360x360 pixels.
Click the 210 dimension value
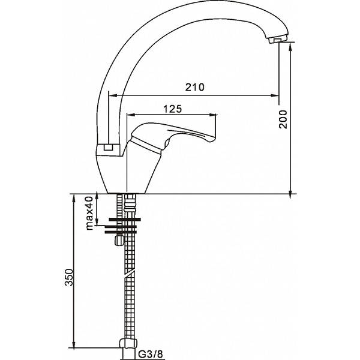(194, 87)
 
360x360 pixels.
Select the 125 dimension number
(172, 109)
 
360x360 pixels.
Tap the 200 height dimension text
(283, 119)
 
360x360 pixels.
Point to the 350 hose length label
(68, 277)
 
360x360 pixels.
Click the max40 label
(89, 213)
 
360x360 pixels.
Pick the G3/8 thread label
(151, 353)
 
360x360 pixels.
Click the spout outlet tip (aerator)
(277, 40)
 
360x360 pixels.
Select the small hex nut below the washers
(119, 240)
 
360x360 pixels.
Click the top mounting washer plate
(125, 220)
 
